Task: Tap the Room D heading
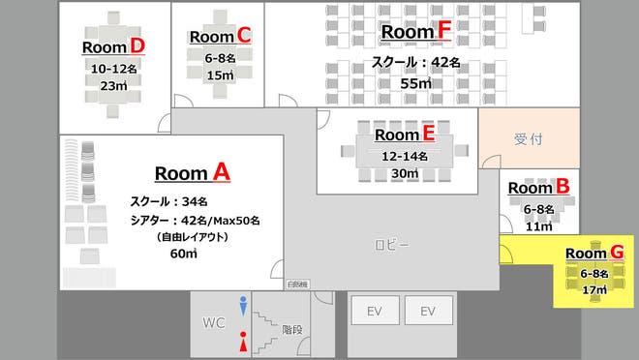(113, 46)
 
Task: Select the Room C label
(220, 37)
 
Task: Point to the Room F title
(416, 32)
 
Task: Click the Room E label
(404, 135)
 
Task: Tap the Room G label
(593, 253)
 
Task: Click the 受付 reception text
(528, 139)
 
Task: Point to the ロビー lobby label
(392, 245)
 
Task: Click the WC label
(214, 320)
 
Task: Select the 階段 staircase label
(291, 330)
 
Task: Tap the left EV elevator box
(375, 312)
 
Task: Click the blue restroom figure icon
(243, 304)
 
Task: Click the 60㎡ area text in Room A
(183, 254)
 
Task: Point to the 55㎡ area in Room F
(416, 84)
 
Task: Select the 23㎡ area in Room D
(113, 85)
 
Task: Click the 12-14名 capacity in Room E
(404, 155)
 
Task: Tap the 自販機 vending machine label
(297, 284)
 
